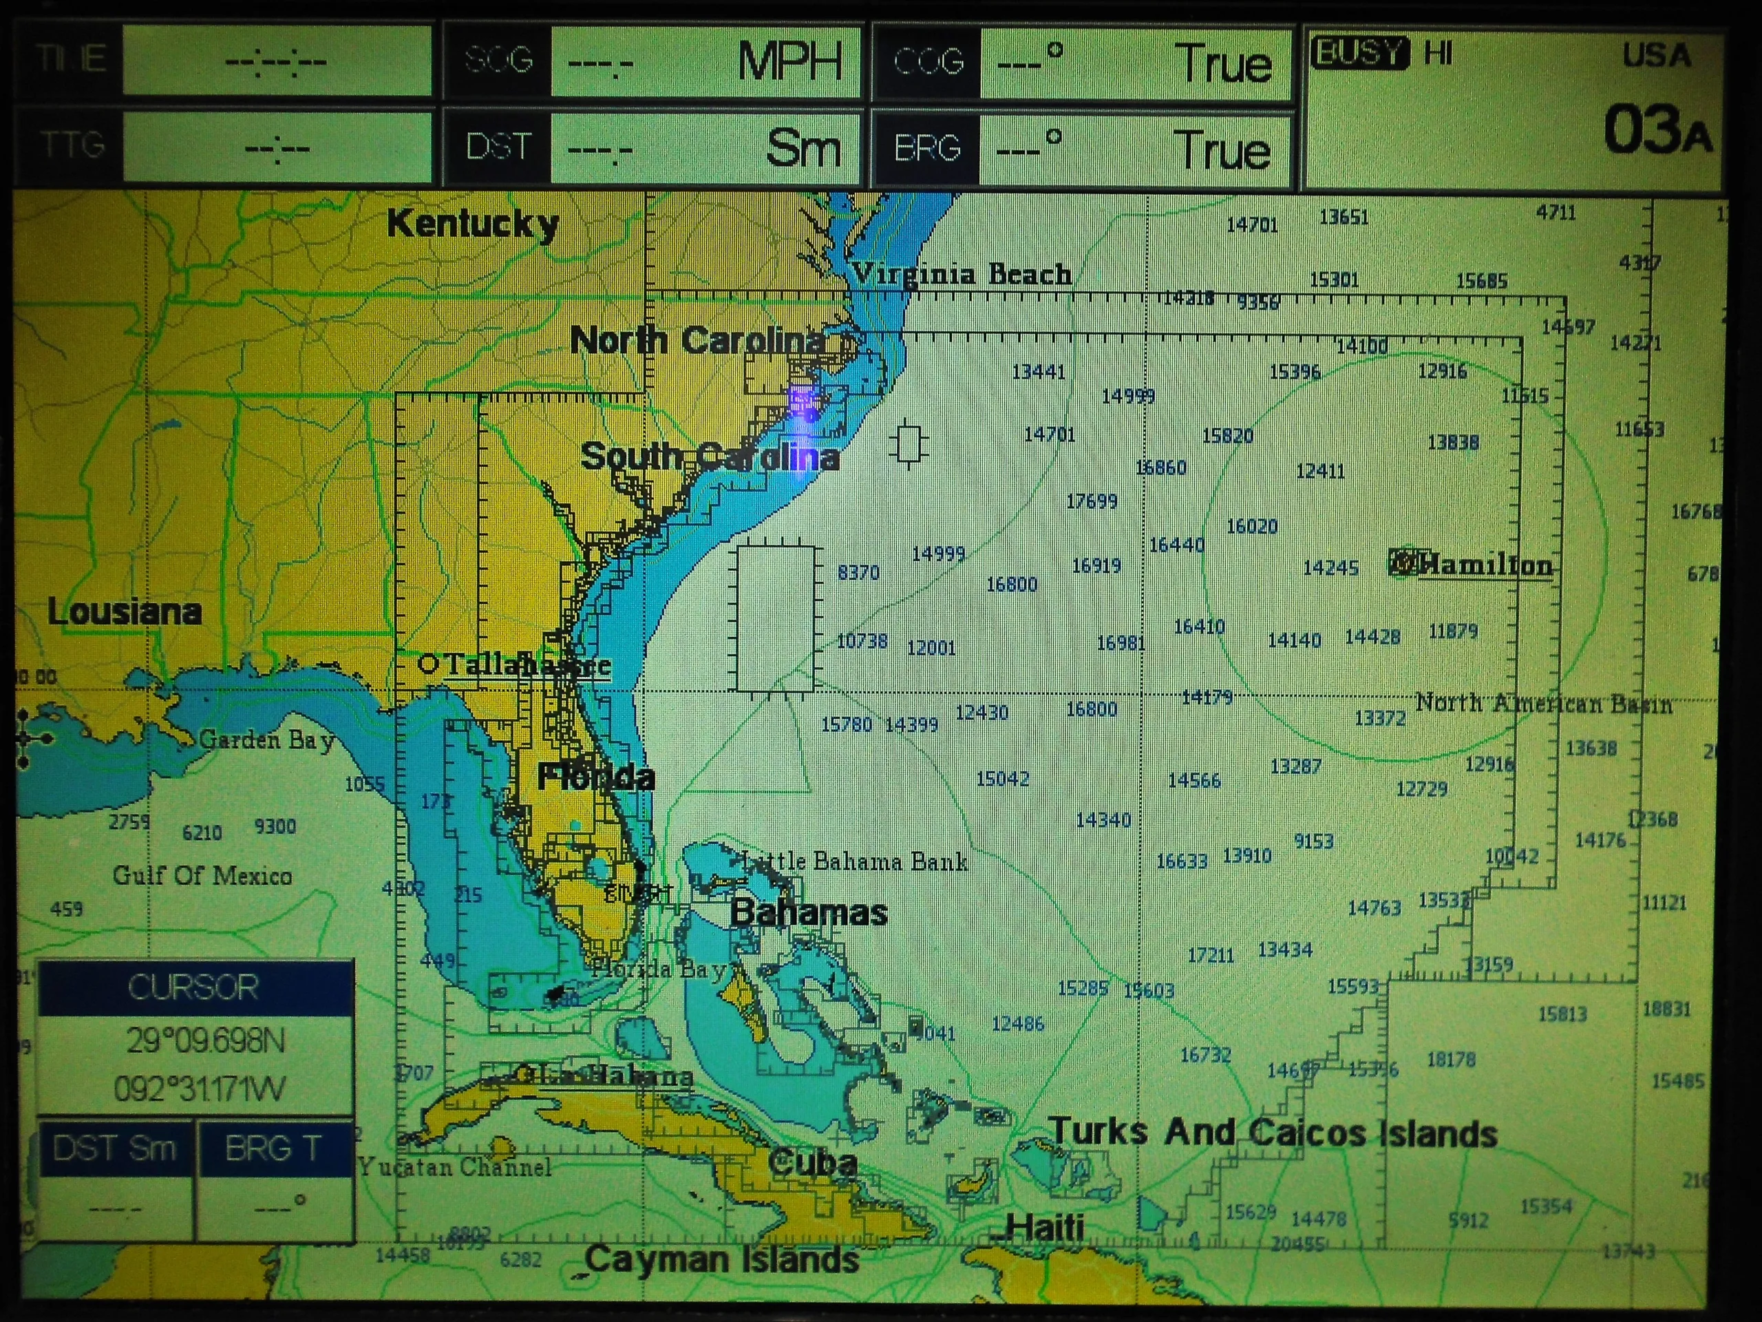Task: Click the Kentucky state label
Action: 472,224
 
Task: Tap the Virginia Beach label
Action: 962,274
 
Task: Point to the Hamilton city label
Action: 1484,565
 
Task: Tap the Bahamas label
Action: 809,912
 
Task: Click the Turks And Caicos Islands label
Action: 1273,1133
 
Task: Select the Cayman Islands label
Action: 722,1260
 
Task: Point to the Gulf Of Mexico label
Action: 202,876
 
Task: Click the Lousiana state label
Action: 125,612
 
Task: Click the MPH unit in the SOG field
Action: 789,61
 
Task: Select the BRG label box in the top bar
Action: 927,148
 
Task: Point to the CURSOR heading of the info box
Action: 194,987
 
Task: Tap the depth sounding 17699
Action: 1092,501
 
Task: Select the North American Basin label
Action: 1543,704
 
